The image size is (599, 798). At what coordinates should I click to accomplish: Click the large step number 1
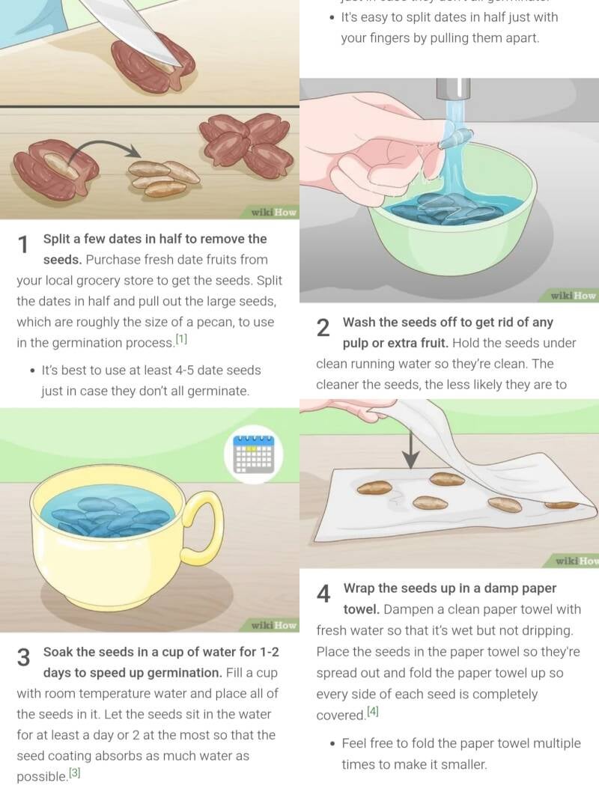(23, 245)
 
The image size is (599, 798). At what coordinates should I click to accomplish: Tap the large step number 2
(323, 329)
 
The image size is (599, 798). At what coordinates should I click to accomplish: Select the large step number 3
(23, 657)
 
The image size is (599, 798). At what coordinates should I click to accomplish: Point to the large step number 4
(323, 594)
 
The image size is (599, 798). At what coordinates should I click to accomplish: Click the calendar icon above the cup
(253, 454)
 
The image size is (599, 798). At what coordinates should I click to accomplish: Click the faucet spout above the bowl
(453, 88)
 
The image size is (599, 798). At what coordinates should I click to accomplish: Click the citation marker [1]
(182, 339)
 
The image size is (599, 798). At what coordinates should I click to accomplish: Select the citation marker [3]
(74, 773)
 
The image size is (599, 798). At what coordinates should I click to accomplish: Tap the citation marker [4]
(373, 711)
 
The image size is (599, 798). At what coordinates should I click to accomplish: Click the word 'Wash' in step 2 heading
(358, 322)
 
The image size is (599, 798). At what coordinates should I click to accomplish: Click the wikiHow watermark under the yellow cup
(274, 625)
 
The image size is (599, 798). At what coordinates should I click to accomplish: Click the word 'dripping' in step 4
(547, 630)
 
